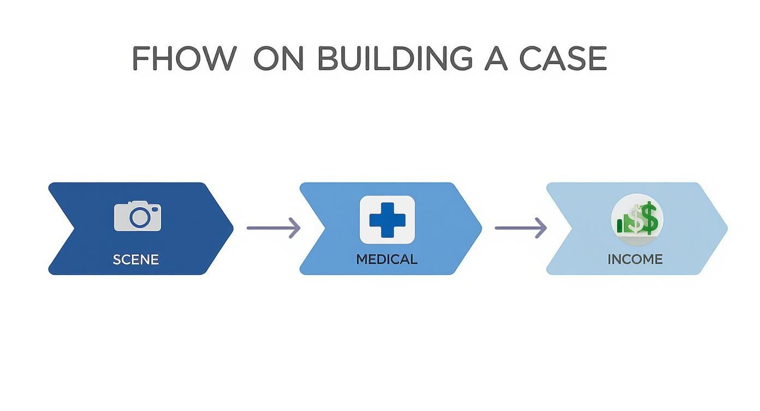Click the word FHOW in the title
click(184, 58)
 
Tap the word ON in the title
click(278, 58)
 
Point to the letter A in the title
click(496, 58)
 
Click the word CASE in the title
click(563, 58)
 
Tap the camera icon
click(138, 216)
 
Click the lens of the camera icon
click(139, 218)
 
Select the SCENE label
click(136, 259)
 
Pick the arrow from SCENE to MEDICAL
click(273, 227)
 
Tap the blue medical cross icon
click(387, 219)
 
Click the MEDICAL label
click(387, 259)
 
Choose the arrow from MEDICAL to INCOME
click(520, 227)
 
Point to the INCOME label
click(635, 259)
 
